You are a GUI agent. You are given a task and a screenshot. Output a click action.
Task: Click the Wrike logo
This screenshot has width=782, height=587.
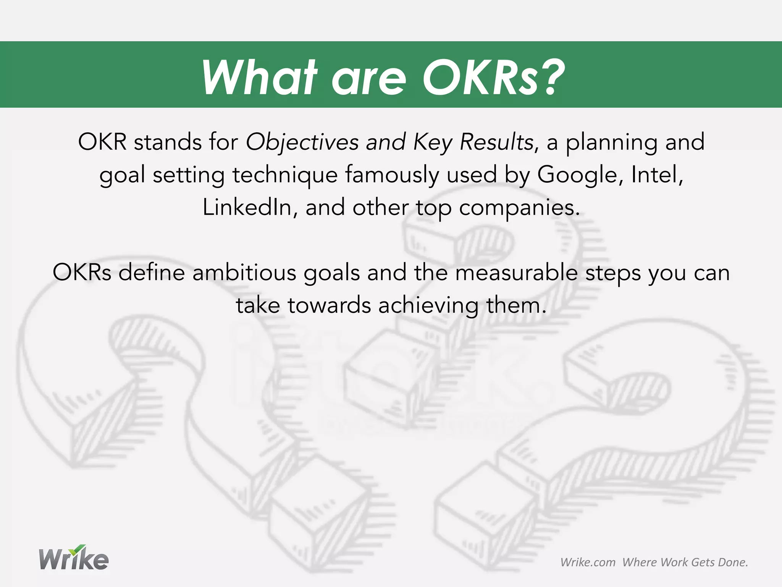tap(74, 558)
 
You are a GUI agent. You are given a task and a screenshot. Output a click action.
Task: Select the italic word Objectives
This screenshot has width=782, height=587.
tap(302, 142)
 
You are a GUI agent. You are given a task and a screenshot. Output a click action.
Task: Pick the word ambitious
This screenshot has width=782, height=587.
tap(244, 273)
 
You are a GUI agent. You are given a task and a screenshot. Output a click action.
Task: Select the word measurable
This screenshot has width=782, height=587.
tap(516, 273)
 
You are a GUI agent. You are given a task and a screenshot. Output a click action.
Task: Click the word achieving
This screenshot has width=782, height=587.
tap(428, 306)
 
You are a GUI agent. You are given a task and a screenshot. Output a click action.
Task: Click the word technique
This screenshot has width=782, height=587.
tap(285, 175)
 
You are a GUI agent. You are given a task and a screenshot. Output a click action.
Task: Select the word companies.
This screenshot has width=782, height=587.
tap(519, 208)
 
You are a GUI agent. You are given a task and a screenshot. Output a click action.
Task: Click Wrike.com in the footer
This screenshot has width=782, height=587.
tap(588, 562)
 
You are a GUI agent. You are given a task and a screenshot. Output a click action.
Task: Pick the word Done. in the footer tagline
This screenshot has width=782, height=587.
tap(733, 562)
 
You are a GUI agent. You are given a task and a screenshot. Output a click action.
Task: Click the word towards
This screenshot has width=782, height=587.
tap(329, 306)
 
